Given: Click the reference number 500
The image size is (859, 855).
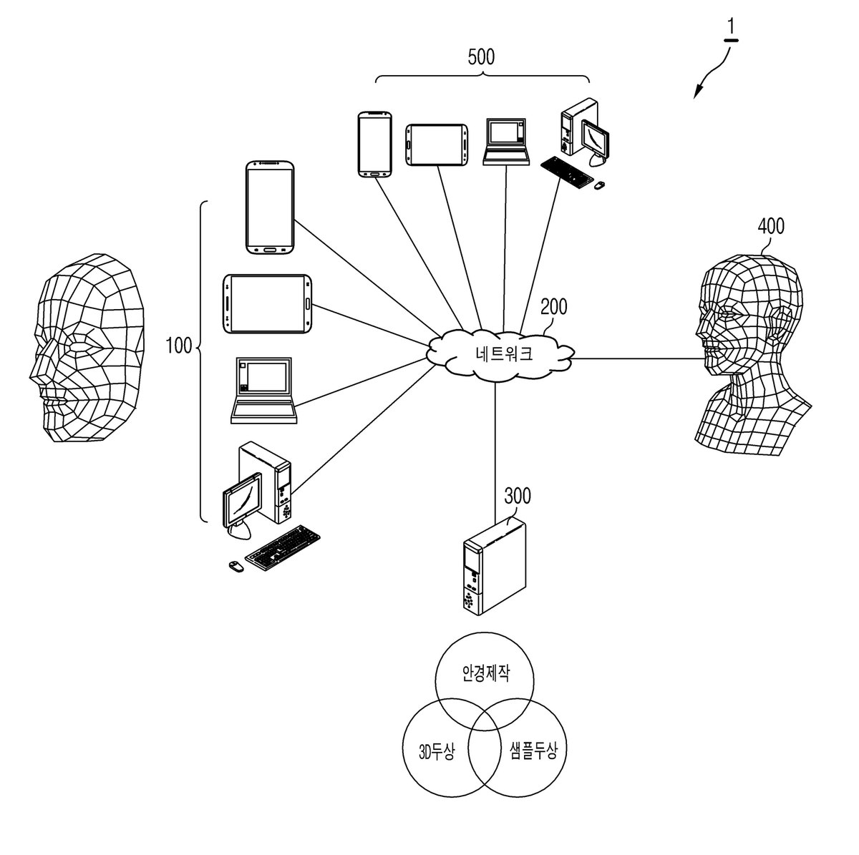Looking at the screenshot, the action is pos(481,57).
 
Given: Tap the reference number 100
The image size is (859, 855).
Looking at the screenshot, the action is pos(179,346).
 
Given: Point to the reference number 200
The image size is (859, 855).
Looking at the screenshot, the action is pos(553,306).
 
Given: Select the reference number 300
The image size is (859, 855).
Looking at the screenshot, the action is pos(518,495).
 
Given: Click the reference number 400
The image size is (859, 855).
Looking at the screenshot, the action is pos(771,226).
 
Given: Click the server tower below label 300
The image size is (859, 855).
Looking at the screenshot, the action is pos(495,566).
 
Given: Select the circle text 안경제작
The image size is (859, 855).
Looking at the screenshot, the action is pos(485,673).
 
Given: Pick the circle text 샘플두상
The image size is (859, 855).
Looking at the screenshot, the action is pos(533,751).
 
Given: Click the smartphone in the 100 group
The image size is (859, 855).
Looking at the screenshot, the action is pos(270,207).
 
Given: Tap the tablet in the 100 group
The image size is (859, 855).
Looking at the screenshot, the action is pos(268,304).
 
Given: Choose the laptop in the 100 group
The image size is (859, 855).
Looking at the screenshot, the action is pos(264,391).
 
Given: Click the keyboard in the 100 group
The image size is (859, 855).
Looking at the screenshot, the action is pos(283,548).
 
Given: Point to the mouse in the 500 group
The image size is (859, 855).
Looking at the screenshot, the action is pos(600,184).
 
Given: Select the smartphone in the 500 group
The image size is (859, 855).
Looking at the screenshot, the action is pos(375,145).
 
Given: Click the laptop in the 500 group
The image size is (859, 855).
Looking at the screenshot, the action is pos(506,142).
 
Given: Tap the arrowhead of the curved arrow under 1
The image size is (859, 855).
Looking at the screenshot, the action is pos(697,92).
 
